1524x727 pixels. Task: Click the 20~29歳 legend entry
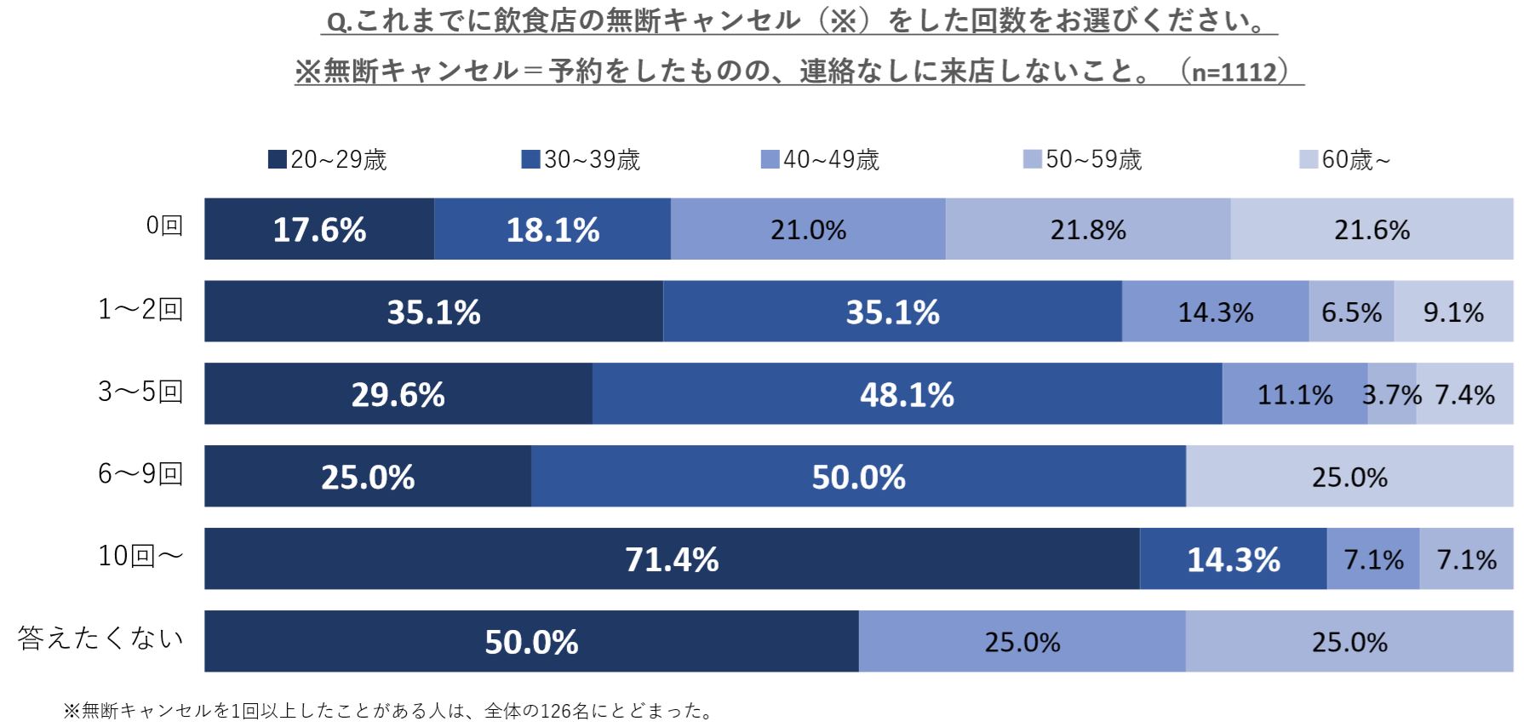(327, 160)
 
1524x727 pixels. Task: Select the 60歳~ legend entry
(1345, 160)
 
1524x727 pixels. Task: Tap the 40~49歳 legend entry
(820, 160)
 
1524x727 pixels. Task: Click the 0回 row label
(164, 226)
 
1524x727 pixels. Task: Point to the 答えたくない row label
(100, 639)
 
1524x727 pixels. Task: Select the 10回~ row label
(140, 557)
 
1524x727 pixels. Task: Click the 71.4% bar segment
(672, 559)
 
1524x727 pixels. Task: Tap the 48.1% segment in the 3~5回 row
(907, 394)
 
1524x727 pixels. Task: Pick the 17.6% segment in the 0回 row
(319, 230)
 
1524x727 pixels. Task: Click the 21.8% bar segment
(1087, 230)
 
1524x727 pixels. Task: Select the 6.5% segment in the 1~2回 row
(1351, 312)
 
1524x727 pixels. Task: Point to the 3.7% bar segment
(1392, 394)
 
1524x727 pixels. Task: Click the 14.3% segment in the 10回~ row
(1233, 559)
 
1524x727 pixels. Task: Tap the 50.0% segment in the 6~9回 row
(858, 477)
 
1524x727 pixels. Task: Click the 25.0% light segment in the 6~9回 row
(1349, 477)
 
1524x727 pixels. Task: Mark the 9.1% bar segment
(1453, 312)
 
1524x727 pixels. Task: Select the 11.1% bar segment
(1294, 394)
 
